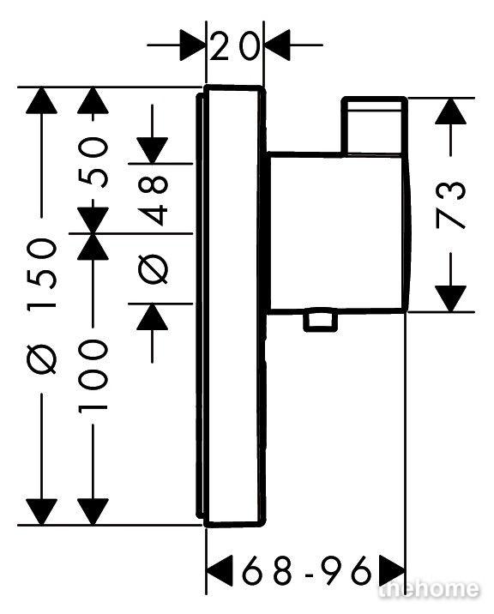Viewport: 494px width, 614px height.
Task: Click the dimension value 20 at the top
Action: tap(235, 46)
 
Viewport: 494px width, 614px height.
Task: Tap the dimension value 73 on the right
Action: tap(451, 205)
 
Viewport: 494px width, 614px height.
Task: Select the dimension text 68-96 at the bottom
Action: tap(306, 570)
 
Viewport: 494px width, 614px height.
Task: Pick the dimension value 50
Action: tap(93, 162)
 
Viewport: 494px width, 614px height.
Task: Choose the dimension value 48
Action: tap(153, 201)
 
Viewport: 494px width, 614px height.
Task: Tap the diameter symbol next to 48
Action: tap(153, 268)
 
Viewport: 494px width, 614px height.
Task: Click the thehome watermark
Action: tap(429, 589)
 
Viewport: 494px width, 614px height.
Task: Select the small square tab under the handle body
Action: tap(321, 321)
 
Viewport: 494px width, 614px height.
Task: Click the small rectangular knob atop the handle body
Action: tap(374, 125)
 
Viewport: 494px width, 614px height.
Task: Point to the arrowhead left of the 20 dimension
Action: tap(193, 45)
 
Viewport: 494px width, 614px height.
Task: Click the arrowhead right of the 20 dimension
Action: tap(277, 45)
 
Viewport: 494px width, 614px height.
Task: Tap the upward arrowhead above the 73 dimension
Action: tap(450, 111)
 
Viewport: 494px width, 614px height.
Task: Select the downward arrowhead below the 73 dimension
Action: tap(450, 298)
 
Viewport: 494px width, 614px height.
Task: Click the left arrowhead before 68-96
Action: tap(219, 570)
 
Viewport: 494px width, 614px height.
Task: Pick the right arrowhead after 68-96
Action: tap(392, 570)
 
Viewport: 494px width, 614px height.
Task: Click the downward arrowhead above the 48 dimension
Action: tap(153, 150)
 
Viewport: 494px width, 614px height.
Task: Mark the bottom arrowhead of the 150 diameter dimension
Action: tap(41, 512)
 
